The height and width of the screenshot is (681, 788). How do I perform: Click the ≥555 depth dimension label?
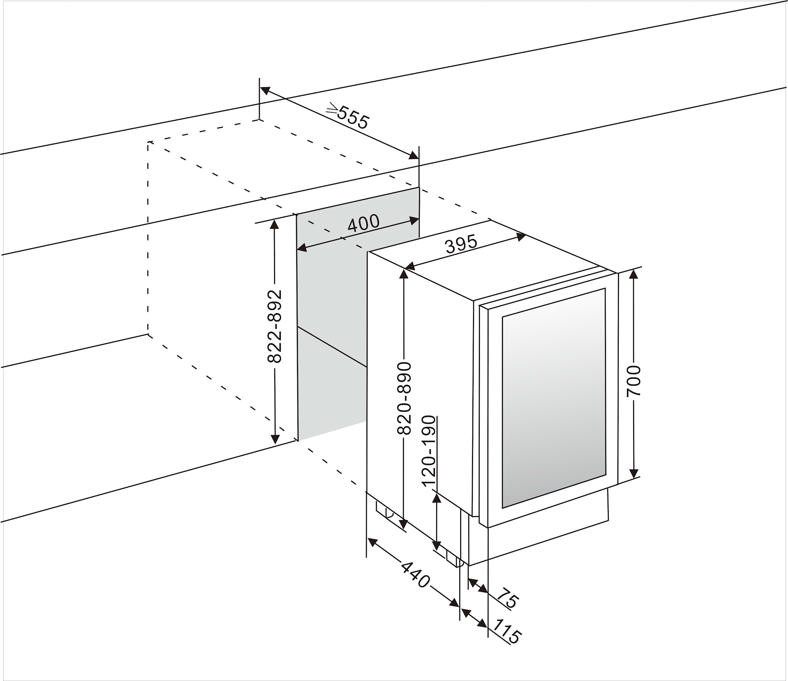(x=349, y=116)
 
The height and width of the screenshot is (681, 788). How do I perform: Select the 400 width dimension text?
(x=363, y=224)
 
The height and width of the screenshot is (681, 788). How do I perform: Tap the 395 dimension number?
(x=461, y=244)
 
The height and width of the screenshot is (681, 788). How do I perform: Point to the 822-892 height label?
(x=275, y=326)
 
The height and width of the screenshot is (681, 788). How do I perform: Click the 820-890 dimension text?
(x=404, y=398)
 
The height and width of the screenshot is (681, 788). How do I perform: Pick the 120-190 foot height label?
(x=429, y=452)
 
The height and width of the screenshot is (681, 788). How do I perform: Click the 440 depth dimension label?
(x=415, y=575)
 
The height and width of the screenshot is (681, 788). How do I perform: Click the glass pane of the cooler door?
(x=554, y=398)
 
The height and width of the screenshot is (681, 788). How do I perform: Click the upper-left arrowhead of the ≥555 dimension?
(x=265, y=90)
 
